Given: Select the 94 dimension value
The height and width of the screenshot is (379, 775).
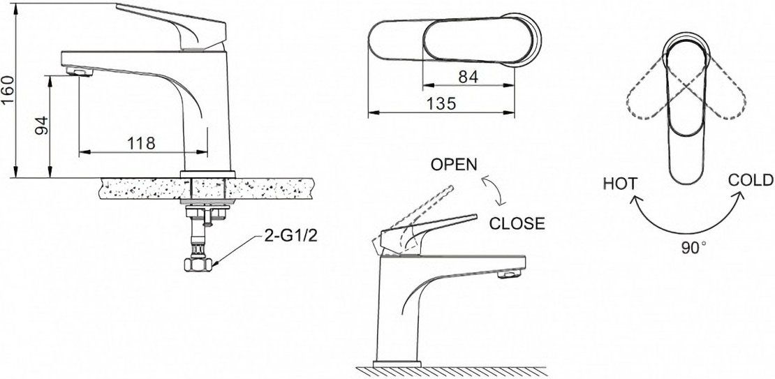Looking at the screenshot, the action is pos(42,126).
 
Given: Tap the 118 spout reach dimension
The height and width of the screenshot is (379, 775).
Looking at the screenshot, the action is pos(141,143).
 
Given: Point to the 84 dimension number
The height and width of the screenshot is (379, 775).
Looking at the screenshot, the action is pos(468,77).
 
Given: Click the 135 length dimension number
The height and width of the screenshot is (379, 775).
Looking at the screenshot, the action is pos(441,104).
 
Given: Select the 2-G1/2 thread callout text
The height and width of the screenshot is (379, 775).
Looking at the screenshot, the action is pos(290,236).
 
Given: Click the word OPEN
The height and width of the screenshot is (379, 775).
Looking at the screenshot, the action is pos(454,165).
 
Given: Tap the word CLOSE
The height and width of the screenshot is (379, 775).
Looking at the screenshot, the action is pos(517,223).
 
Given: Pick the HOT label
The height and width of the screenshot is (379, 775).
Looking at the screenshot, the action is pos(620,184).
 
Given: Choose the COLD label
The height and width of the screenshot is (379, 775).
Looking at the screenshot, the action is pos(751,180).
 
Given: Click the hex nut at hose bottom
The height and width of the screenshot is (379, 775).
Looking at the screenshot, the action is pos(197,265).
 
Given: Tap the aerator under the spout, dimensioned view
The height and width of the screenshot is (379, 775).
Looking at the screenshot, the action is pos(80,73).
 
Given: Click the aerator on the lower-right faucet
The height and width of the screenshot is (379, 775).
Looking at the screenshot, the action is pos(509,273).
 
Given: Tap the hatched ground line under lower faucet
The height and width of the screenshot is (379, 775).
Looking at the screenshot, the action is pos(451,371).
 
